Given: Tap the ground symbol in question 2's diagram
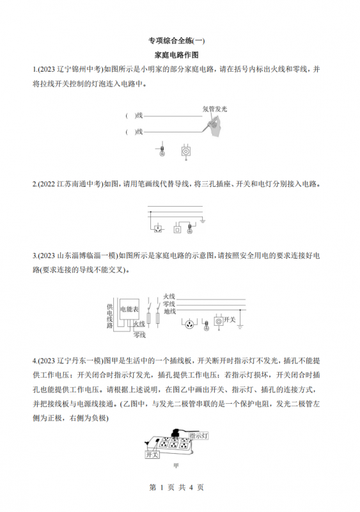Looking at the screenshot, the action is (x=202, y=222).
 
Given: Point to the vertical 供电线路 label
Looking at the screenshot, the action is (x=110, y=316).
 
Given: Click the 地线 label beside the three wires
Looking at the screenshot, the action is (x=169, y=311).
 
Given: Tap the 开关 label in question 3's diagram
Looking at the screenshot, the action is (x=233, y=319).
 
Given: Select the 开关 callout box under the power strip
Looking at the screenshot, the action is (x=152, y=454).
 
